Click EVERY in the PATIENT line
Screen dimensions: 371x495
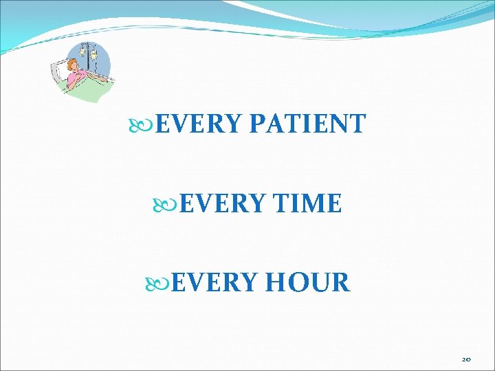pyautogui.click(x=199, y=124)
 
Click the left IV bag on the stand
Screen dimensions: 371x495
pyautogui.click(x=83, y=52)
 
